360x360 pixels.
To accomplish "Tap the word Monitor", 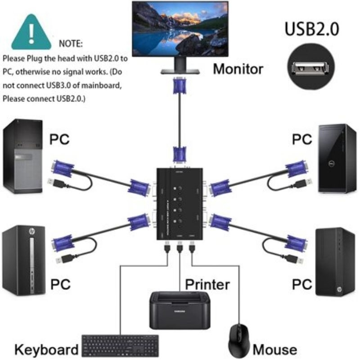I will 238,69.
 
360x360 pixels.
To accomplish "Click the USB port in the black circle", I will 309,68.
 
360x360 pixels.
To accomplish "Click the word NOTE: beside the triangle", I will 71,44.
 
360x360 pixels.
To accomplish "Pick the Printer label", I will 207,284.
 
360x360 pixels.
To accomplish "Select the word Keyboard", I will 46,350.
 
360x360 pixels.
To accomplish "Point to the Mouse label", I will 275,350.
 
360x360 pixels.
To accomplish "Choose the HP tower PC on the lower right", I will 335,262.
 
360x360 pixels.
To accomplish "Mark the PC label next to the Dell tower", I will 302,139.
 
